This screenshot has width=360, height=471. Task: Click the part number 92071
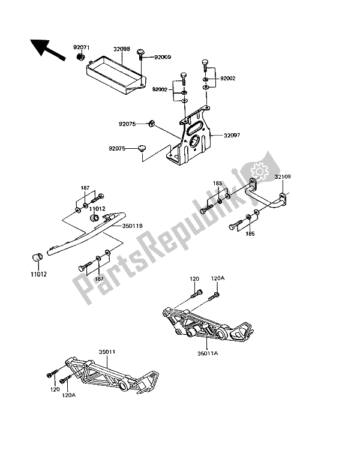click(x=82, y=47)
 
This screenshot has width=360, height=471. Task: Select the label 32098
click(x=122, y=49)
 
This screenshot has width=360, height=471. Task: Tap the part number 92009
click(x=163, y=57)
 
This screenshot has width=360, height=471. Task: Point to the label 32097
click(x=232, y=136)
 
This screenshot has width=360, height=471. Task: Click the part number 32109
click(x=282, y=176)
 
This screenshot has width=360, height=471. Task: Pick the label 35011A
click(x=208, y=353)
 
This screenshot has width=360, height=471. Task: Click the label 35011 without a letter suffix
click(x=107, y=352)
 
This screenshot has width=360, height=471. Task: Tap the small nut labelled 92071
click(x=80, y=57)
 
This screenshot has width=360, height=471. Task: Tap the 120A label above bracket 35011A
click(x=218, y=278)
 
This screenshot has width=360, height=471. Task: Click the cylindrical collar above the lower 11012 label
click(x=37, y=257)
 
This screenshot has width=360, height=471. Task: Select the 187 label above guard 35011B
click(x=85, y=188)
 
